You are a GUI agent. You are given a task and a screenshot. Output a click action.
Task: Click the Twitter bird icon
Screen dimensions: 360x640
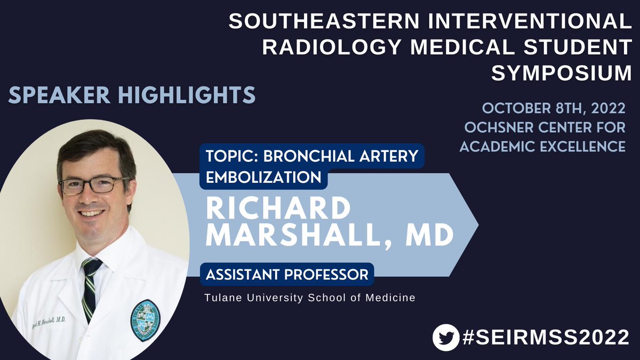point(446,338)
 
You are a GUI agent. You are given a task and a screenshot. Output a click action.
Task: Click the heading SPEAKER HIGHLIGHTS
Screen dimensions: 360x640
point(132,95)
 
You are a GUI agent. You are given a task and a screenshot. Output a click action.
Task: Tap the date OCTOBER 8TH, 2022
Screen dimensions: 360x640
point(553,108)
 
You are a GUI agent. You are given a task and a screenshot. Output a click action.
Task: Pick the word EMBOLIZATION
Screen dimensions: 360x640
point(264,177)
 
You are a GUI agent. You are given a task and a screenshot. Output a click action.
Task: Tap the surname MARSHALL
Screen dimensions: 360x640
point(305,236)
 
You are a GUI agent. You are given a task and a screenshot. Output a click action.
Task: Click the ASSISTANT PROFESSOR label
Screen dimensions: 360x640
point(287,275)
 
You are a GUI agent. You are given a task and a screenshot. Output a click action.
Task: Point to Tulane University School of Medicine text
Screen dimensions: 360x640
point(309,298)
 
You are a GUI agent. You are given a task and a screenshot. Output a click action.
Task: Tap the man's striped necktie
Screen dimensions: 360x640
point(91,288)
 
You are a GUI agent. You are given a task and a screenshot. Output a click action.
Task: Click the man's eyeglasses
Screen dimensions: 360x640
point(92,185)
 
